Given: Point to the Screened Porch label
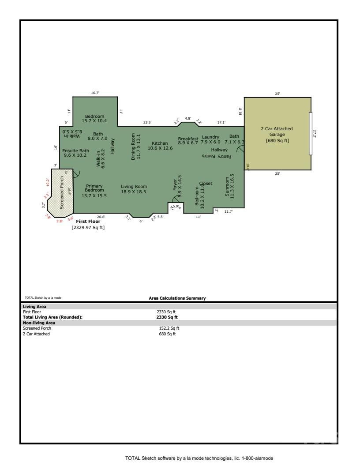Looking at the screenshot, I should (x=62, y=192).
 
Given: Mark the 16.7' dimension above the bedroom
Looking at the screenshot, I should (x=95, y=93).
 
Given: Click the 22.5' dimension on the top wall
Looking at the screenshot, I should (x=147, y=122).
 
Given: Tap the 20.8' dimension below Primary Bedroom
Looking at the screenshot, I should (x=101, y=217).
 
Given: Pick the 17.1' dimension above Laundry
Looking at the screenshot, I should (x=221, y=122).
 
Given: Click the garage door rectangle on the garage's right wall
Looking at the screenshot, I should (x=310, y=134).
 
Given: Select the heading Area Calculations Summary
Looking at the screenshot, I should (x=177, y=298).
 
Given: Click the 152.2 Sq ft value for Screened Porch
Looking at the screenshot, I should (x=169, y=328).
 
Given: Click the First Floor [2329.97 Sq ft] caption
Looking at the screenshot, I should (x=88, y=225).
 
